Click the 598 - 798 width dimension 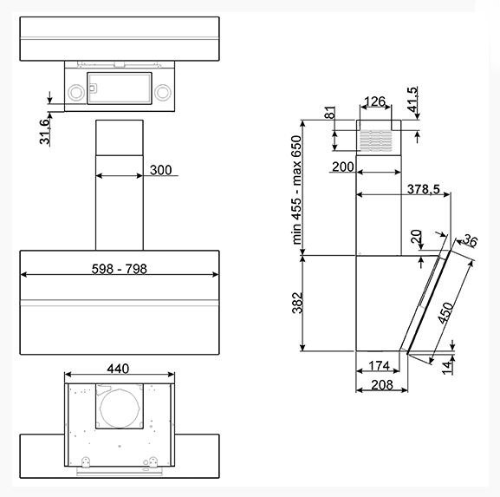pos(120,269)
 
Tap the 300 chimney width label pos(160,170)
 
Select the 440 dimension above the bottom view pos(118,369)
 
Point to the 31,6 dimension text pos(45,132)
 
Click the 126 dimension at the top pos(374,101)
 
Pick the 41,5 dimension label pos(412,99)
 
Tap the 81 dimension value pos(330,113)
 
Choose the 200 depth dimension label pos(343,167)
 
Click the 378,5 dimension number pos(424,189)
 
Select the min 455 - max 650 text pos(296,190)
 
